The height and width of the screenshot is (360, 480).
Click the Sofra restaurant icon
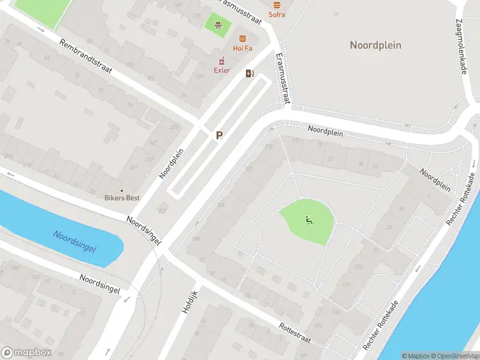click(277, 5)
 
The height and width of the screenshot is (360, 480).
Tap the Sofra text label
click(277, 14)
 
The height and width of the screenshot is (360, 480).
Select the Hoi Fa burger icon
click(242, 38)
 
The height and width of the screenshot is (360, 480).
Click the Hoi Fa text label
click(242, 48)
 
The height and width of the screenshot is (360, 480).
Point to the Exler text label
click(222, 70)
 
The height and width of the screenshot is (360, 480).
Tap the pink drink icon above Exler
click(222, 61)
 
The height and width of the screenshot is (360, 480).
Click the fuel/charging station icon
click(250, 74)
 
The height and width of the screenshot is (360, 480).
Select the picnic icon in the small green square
click(219, 25)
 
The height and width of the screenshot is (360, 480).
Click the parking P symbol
click(220, 136)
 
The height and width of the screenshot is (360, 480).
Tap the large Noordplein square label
click(376, 45)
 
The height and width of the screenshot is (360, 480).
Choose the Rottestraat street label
click(295, 334)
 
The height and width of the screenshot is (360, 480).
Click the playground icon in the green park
click(309, 220)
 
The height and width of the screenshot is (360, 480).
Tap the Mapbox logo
click(26, 353)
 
